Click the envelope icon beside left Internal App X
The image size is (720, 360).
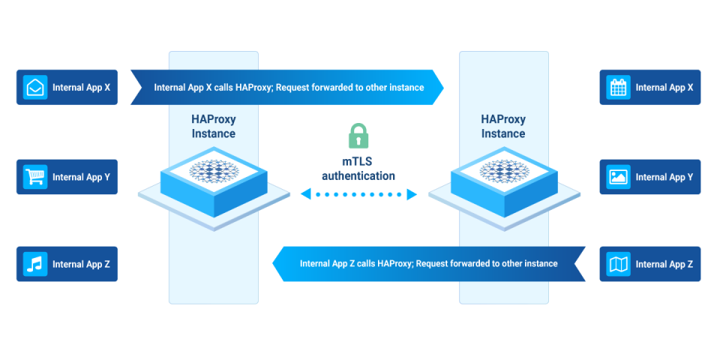point(35,88)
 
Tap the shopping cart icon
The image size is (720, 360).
point(35,177)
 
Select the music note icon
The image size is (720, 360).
point(35,264)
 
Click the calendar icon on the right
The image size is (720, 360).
point(618,88)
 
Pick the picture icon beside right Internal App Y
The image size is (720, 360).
point(618,177)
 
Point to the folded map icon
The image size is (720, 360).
point(618,264)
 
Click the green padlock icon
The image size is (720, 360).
point(358,136)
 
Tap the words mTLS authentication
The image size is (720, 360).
point(358,169)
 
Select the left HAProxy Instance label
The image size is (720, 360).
point(213,127)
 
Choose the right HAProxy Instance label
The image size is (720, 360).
point(503,127)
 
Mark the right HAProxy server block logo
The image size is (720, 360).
point(504,172)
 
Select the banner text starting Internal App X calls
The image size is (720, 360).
point(289,88)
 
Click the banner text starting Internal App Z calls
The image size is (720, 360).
point(428,264)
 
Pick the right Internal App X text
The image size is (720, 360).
point(664,88)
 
